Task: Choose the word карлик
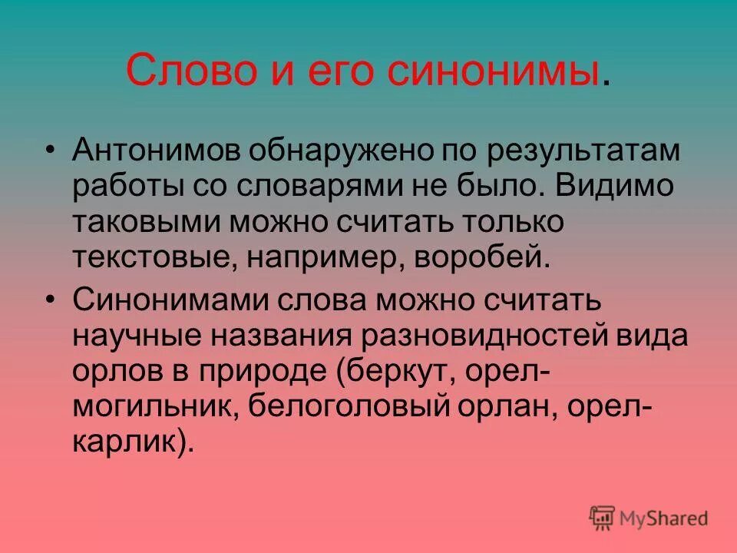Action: (126, 443)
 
